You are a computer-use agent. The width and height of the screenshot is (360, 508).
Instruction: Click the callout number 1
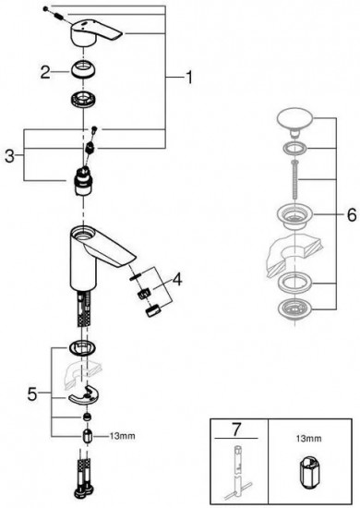188,78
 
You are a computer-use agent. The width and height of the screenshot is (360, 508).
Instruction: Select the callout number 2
45,72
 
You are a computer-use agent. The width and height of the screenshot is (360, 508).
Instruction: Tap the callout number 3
10,156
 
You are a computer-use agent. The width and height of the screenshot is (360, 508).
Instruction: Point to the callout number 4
177,279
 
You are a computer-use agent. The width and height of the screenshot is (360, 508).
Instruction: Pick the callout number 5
32,394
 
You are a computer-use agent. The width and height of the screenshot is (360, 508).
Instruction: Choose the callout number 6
352,215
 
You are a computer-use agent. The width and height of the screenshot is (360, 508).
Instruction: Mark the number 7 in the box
236,429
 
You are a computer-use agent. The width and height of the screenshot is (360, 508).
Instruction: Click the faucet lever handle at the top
95,33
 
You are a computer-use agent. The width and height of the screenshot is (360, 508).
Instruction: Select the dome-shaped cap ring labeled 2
83,70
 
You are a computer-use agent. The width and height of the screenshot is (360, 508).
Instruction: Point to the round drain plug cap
294,120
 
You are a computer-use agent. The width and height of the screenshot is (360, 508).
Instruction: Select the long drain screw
294,179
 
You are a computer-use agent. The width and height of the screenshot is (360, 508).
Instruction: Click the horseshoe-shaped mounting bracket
83,394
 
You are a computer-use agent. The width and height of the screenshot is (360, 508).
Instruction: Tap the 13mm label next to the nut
122,436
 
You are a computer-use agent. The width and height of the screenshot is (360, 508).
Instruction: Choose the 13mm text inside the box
308,439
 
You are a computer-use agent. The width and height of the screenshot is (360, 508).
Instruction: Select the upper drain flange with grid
294,217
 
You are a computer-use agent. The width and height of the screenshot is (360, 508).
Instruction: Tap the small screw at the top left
45,8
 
